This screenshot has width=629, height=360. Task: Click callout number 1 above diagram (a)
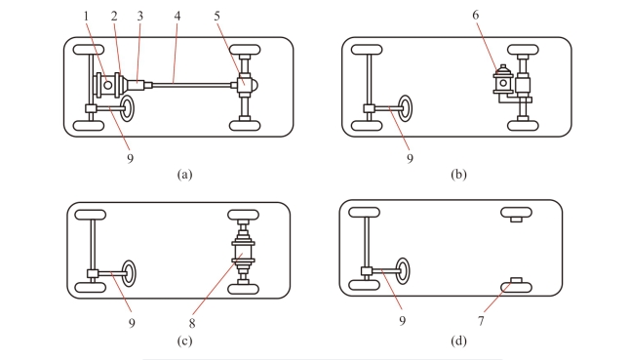tap(86, 16)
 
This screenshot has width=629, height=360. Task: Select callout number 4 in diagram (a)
tap(177, 16)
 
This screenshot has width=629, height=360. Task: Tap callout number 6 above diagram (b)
tap(475, 15)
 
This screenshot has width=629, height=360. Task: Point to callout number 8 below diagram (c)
tap(192, 323)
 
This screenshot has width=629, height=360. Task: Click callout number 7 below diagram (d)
tap(481, 321)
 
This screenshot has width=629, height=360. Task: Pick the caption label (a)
tap(184, 175)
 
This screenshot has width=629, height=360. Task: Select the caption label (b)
tap(458, 175)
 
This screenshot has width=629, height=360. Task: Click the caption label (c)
tap(184, 340)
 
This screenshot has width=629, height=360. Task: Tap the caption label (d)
tap(458, 340)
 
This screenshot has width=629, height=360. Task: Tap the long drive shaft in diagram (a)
tap(192, 85)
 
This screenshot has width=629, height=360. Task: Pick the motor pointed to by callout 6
tap(503, 81)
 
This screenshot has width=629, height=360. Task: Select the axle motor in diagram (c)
tap(243, 252)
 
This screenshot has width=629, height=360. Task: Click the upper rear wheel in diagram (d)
tap(516, 213)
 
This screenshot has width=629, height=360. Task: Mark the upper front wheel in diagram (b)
tap(367, 50)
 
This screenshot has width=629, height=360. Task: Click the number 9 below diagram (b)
tap(410, 158)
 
